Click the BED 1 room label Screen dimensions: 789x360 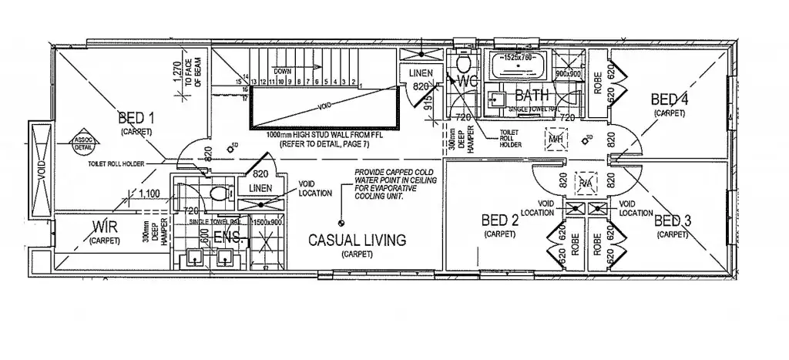coord(137,118)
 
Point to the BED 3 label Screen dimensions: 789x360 coord(672,222)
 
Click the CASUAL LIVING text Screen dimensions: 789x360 coord(357,241)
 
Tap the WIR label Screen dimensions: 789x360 coord(104,227)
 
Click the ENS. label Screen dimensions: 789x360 coord(229,239)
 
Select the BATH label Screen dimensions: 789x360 coord(531,96)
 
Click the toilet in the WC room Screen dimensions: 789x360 coord(464,62)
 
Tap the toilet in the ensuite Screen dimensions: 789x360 coord(217,193)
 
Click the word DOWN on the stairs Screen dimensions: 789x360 coord(284,71)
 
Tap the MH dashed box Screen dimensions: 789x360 coord(555,139)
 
